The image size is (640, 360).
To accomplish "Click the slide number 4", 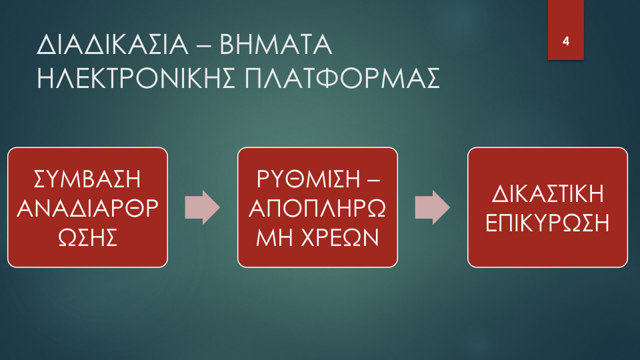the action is coord(566,41).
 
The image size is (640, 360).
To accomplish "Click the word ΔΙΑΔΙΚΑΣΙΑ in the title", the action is coord(113,45).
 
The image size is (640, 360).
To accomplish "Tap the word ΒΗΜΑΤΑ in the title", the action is coord(276,45).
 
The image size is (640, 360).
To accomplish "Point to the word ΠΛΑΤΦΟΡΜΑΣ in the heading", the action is coord(342,78).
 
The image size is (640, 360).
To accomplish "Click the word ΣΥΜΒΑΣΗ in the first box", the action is coord(87,179).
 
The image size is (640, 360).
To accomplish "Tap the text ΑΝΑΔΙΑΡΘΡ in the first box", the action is coord(87,208).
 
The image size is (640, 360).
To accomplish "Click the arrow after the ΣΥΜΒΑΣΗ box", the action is coord(203,207).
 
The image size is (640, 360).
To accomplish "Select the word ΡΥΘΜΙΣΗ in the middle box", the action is coord(309,179).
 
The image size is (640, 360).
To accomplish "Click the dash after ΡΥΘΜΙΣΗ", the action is coord(373,180).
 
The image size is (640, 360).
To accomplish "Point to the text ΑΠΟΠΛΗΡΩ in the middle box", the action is coord(317,208).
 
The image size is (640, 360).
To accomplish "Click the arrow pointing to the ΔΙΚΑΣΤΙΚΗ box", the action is coord(433,207).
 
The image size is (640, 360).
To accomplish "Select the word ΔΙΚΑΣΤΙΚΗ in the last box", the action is coord(547,193).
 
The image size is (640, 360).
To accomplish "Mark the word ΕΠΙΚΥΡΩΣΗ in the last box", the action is coord(547,223).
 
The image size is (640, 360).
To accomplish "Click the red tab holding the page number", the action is coord(566,30).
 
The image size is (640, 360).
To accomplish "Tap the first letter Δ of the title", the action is coord(46,45).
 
